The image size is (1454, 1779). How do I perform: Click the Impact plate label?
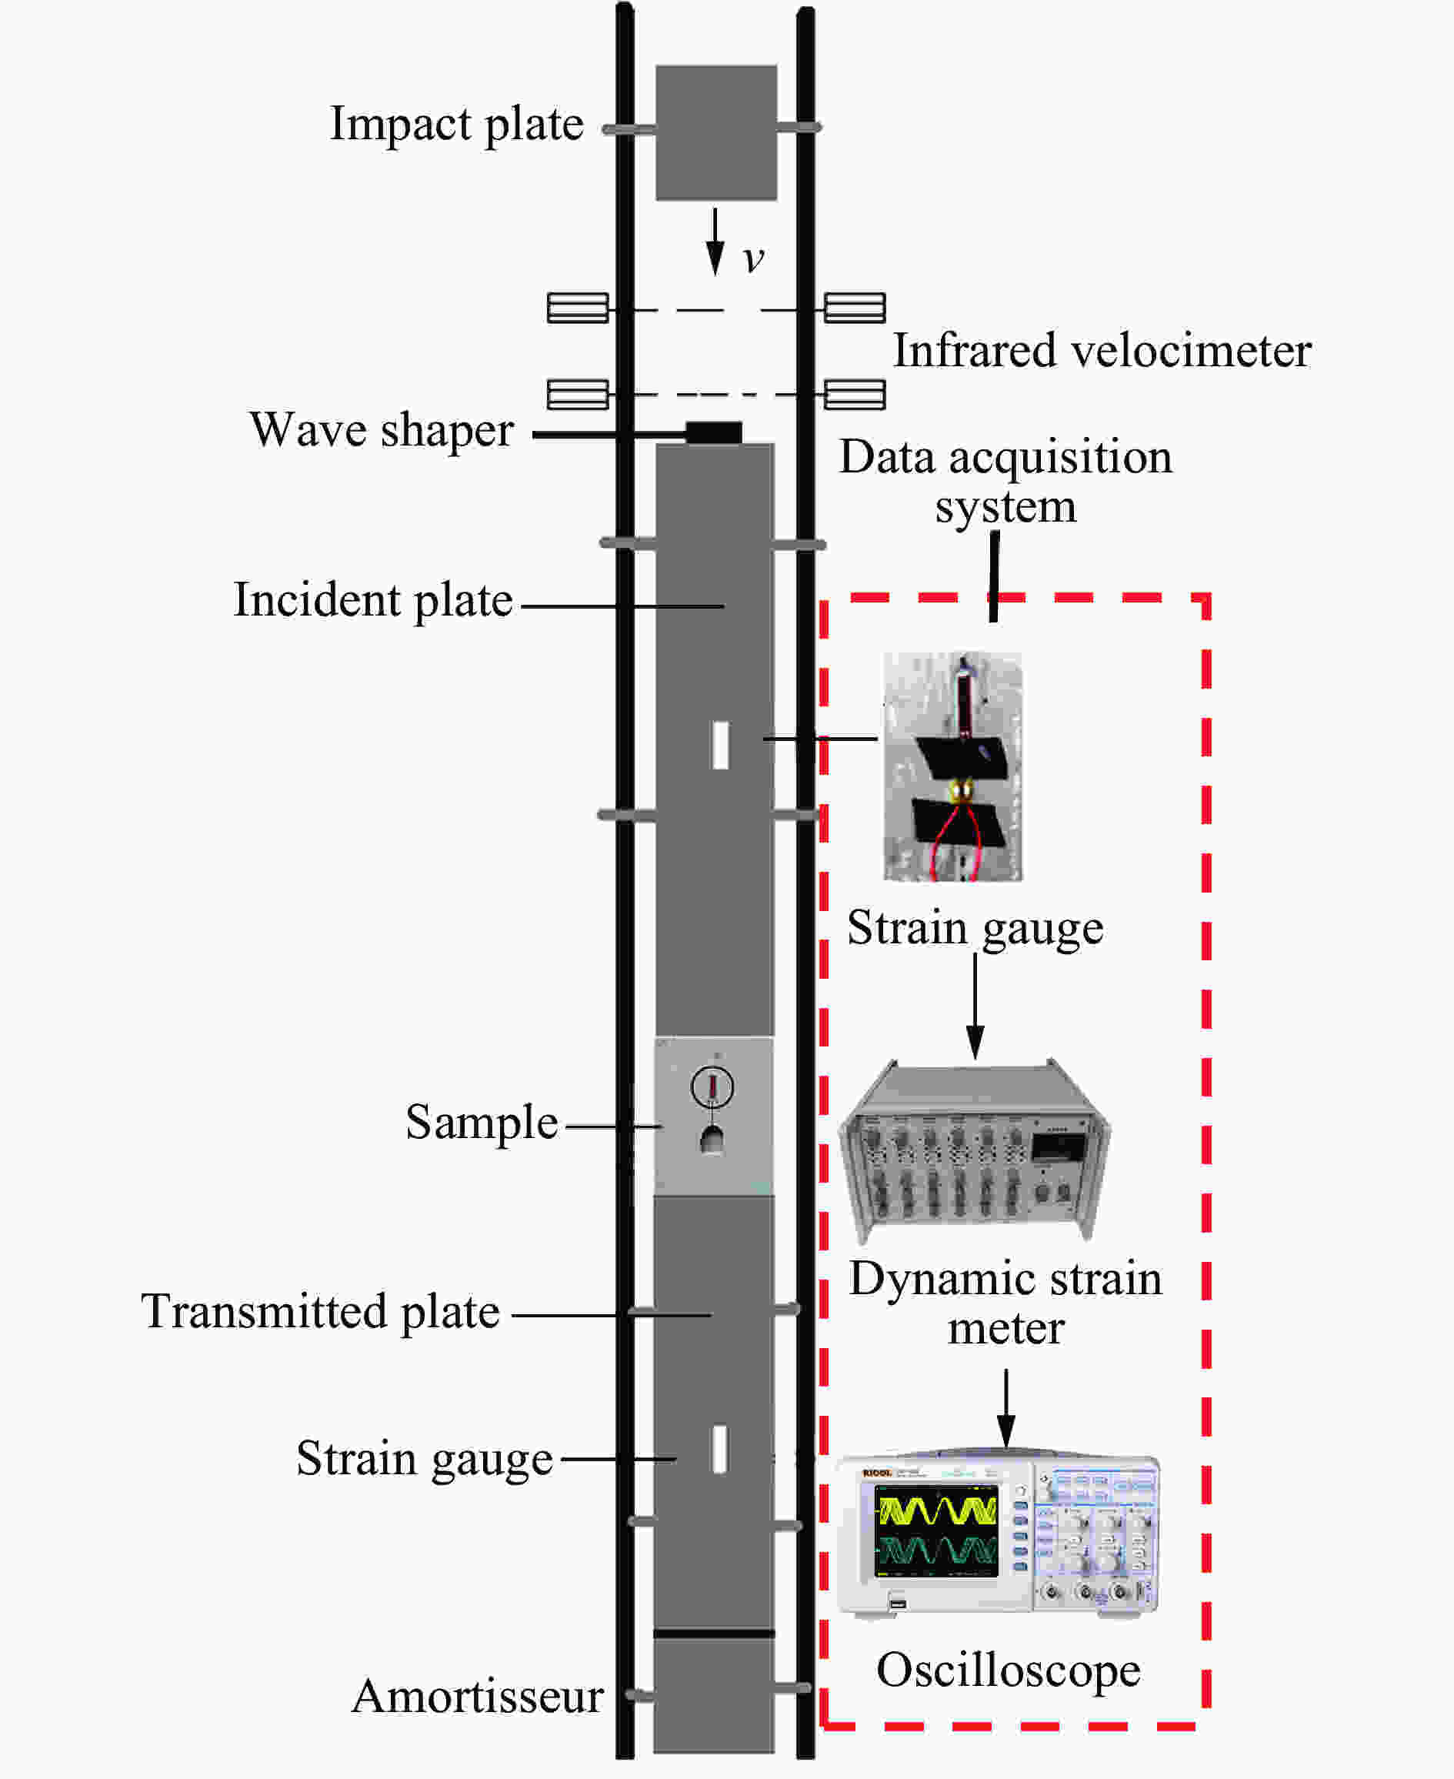pos(456,124)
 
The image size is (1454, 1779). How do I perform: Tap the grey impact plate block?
pos(715,132)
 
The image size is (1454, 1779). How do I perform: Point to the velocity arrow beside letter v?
pos(715,242)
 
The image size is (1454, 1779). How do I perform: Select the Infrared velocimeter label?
pos(1102,350)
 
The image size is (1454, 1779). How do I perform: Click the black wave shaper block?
pos(714,432)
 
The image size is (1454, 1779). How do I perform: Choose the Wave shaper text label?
pos(382,430)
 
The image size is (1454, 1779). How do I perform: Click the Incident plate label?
pos(372,600)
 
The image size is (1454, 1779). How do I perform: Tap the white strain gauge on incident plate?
pos(719,745)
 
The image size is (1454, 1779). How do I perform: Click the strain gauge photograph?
pos(952,766)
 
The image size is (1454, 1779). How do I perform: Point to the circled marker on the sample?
pos(712,1086)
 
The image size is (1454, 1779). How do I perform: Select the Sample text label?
pos(482,1123)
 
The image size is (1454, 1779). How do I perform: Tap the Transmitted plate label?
pos(320,1312)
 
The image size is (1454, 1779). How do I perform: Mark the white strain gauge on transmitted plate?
pos(719,1449)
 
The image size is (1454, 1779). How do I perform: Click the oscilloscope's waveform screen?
pos(935,1531)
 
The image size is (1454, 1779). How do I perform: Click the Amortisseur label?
pos(478,1696)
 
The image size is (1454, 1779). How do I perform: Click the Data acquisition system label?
pos(1006,482)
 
